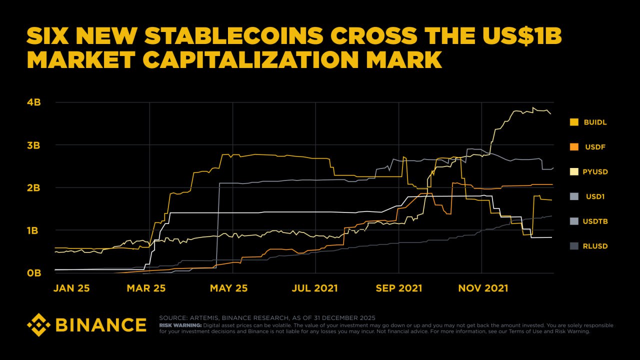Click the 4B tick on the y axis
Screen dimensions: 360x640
[33, 102]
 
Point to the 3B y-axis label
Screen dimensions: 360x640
[33, 145]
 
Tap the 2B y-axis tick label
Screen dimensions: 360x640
[33, 188]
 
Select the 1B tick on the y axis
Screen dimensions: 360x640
[33, 230]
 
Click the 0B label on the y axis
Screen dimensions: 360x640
[33, 273]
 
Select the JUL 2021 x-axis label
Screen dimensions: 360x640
[315, 288]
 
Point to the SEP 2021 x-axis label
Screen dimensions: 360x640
[399, 288]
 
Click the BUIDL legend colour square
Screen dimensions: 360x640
[574, 122]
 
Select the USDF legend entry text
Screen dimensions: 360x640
[595, 147]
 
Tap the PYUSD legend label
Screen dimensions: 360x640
[595, 171]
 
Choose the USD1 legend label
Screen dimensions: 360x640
[595, 196]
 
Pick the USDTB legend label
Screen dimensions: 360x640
[595, 221]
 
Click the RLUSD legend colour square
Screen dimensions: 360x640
[574, 246]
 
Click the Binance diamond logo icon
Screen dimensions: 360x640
[38, 324]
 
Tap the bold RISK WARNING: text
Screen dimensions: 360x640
[180, 325]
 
